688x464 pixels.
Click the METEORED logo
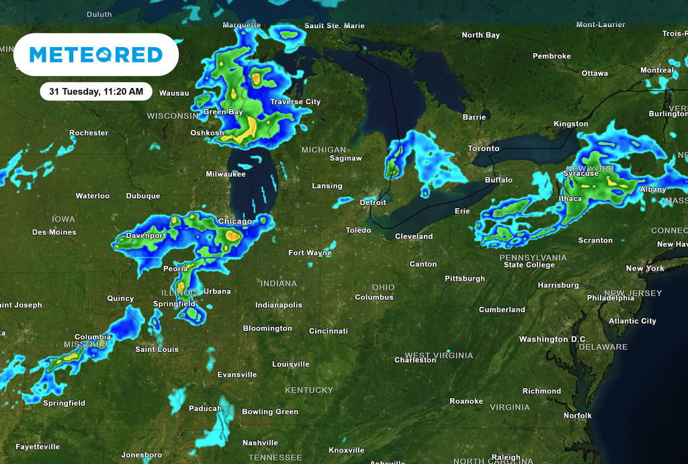coord(96,54)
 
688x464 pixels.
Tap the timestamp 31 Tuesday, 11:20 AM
coord(96,91)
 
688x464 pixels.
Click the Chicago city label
coord(235,221)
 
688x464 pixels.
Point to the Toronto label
coord(484,148)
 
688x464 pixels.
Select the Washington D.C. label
coord(553,339)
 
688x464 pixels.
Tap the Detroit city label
coord(373,202)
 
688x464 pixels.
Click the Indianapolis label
coord(279,305)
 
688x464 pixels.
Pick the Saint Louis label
coord(157,349)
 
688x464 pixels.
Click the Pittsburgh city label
coord(465,278)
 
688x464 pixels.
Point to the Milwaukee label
coord(226,174)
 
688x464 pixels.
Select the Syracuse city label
coord(580,173)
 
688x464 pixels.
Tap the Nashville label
coord(260,443)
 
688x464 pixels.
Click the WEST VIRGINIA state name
coord(439,355)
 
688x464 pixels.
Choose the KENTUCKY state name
coord(309,390)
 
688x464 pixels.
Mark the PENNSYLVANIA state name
coord(533,257)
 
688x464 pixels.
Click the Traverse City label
coord(296,102)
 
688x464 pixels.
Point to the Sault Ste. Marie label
coord(335,26)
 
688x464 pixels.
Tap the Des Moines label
coord(54,232)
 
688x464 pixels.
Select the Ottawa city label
coord(595,73)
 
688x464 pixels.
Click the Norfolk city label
coord(578,416)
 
